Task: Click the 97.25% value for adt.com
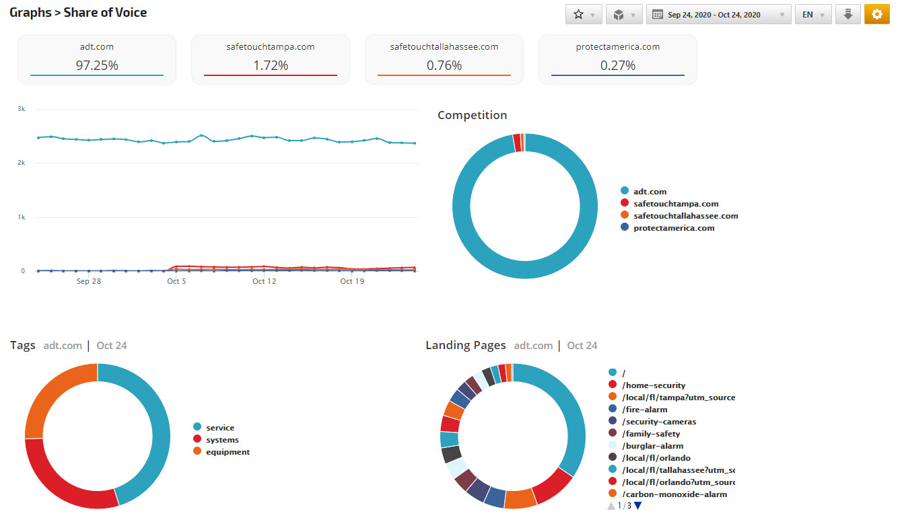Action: point(97,65)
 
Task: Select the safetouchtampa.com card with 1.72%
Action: point(271,59)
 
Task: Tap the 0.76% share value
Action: point(444,65)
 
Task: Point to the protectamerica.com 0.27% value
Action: point(618,65)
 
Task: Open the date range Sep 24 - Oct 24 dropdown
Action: point(718,15)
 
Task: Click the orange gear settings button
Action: point(876,15)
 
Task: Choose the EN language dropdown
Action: point(813,15)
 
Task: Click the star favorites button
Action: point(583,15)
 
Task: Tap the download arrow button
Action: point(848,15)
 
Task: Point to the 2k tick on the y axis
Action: point(22,163)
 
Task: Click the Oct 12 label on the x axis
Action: point(264,281)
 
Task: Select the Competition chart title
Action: point(472,115)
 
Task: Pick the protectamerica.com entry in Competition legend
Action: point(674,228)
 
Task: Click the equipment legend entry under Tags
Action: point(228,452)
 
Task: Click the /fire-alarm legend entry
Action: point(644,410)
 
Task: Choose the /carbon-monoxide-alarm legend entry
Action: point(674,494)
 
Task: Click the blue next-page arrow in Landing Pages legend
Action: point(638,506)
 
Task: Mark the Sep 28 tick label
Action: point(89,281)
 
